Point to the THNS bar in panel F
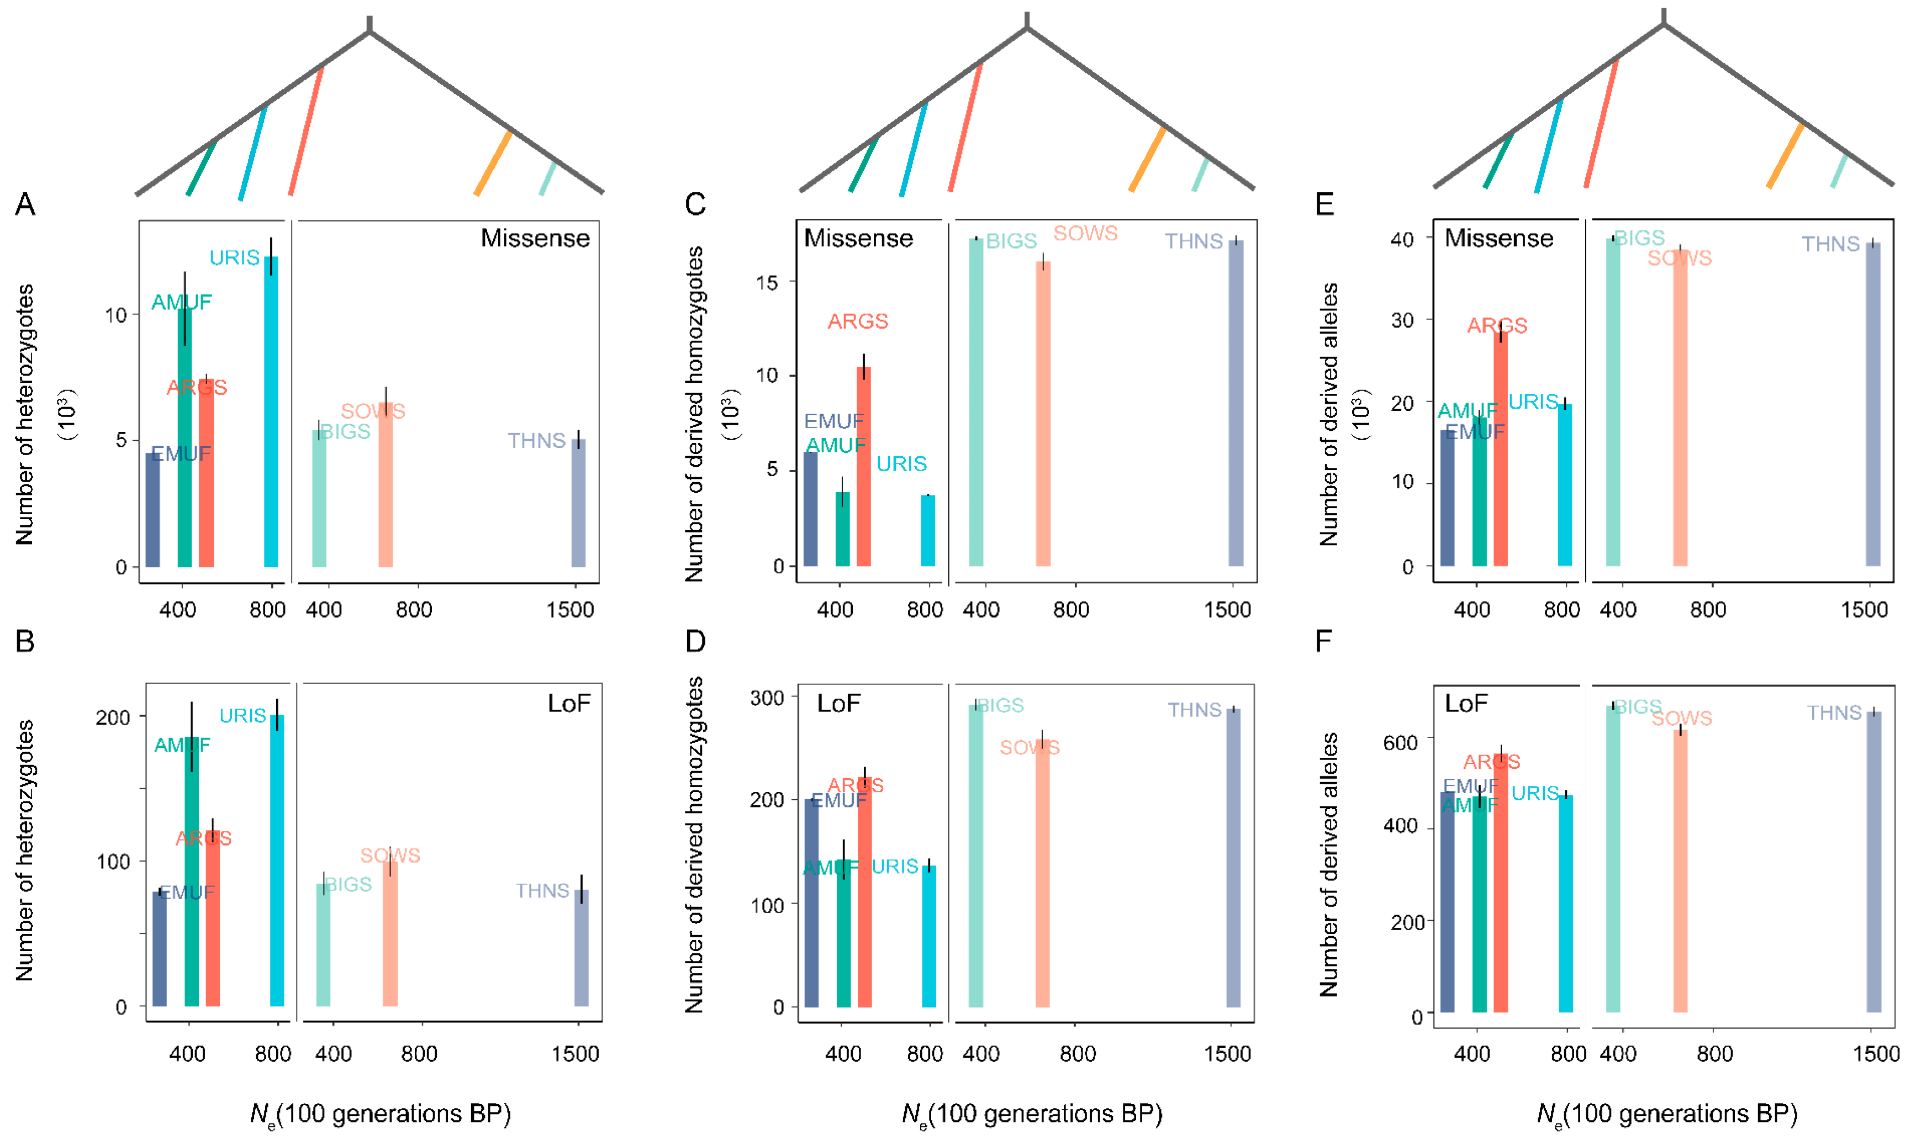point(1874,861)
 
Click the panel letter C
point(695,204)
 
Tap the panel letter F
point(1323,641)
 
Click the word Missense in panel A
point(535,238)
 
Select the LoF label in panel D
point(838,703)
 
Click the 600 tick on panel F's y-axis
point(1400,743)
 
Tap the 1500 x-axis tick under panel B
point(575,1053)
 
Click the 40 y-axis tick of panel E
point(1402,239)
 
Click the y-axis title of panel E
point(1328,415)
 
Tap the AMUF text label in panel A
point(181,302)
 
